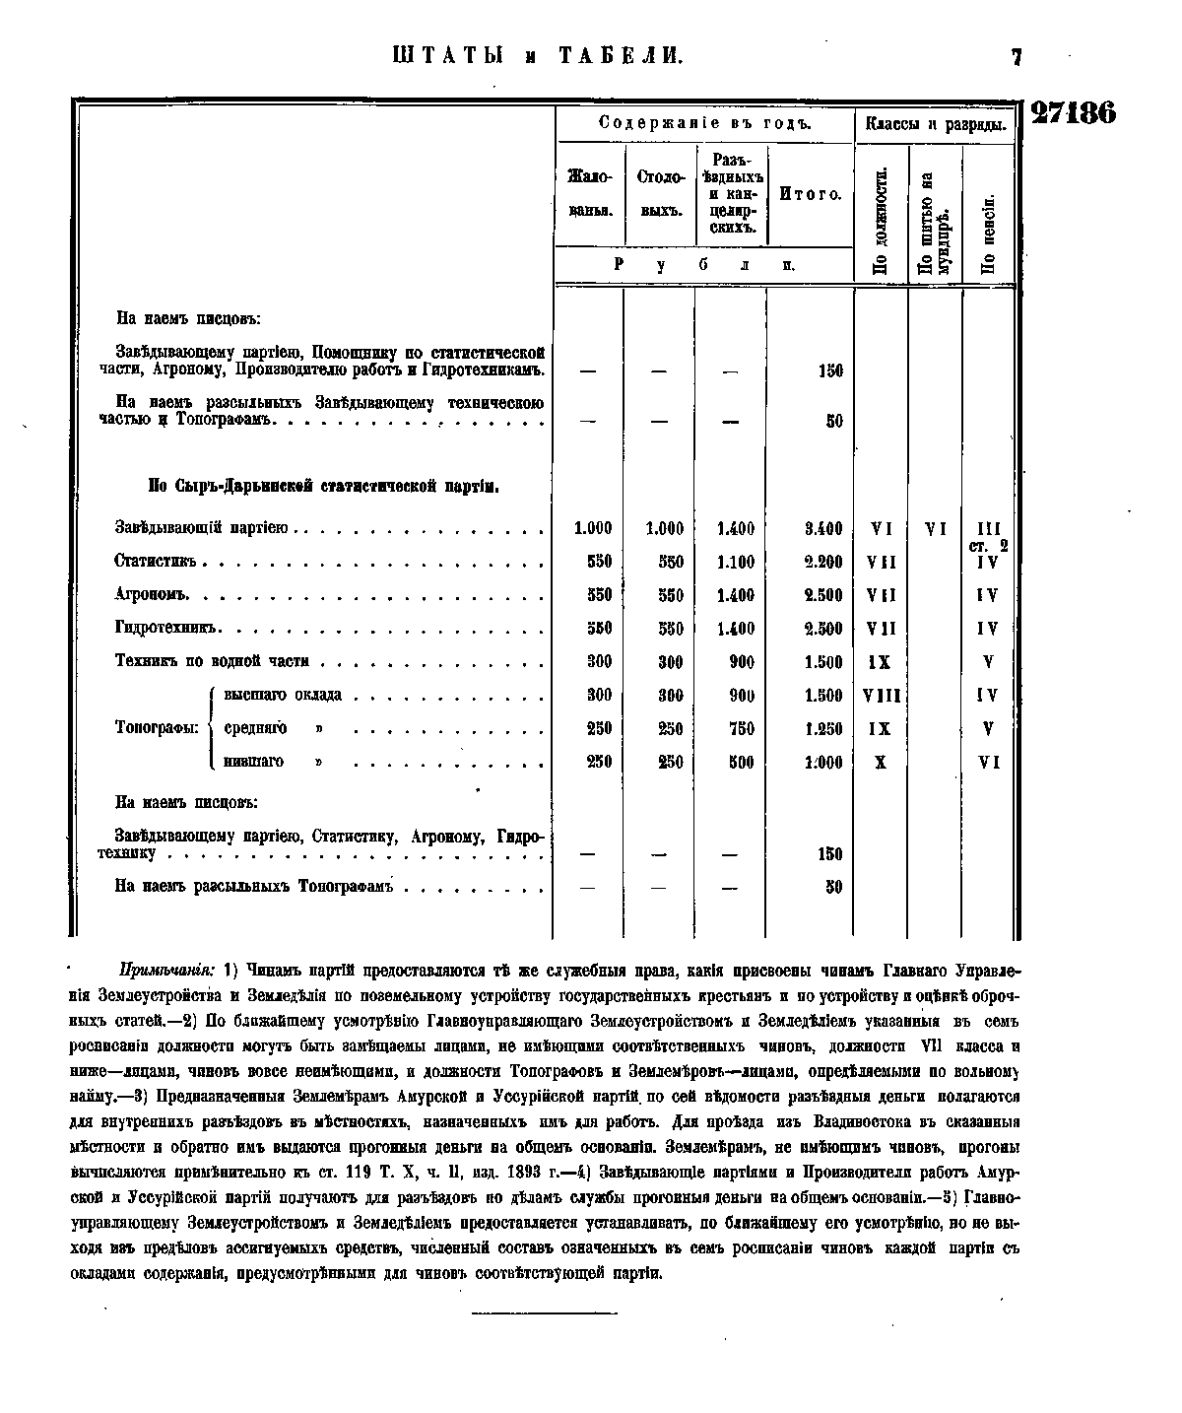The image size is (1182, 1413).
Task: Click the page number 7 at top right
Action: [1017, 58]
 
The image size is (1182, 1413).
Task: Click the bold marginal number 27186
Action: [1073, 113]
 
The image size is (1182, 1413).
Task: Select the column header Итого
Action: [810, 194]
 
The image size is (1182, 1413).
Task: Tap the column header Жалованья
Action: [590, 194]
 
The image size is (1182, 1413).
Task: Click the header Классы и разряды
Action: [935, 124]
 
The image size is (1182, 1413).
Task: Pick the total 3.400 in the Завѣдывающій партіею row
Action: [822, 529]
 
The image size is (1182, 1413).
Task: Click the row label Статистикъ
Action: [156, 562]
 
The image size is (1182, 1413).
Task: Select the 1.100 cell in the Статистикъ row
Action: [735, 562]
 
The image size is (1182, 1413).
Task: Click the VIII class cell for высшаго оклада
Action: [881, 696]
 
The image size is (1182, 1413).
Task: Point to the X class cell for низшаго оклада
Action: [881, 762]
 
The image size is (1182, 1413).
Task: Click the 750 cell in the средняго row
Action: [741, 729]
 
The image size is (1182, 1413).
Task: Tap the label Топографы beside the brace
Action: [158, 728]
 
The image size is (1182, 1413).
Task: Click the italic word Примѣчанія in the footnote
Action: [166, 970]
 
